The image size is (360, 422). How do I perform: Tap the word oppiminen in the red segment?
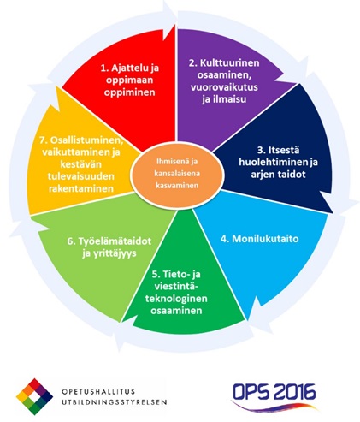[x=129, y=92]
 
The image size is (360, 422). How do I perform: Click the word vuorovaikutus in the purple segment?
[x=224, y=86]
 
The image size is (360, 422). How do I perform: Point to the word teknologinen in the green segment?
[x=176, y=299]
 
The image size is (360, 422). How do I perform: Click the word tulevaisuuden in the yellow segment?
[x=81, y=176]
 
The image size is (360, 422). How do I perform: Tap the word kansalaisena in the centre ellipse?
[x=177, y=173]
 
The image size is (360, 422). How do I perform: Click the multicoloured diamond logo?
[x=34, y=396]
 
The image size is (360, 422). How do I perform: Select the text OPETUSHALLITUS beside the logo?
[x=98, y=391]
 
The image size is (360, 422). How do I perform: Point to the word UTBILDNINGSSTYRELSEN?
[x=114, y=402]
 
